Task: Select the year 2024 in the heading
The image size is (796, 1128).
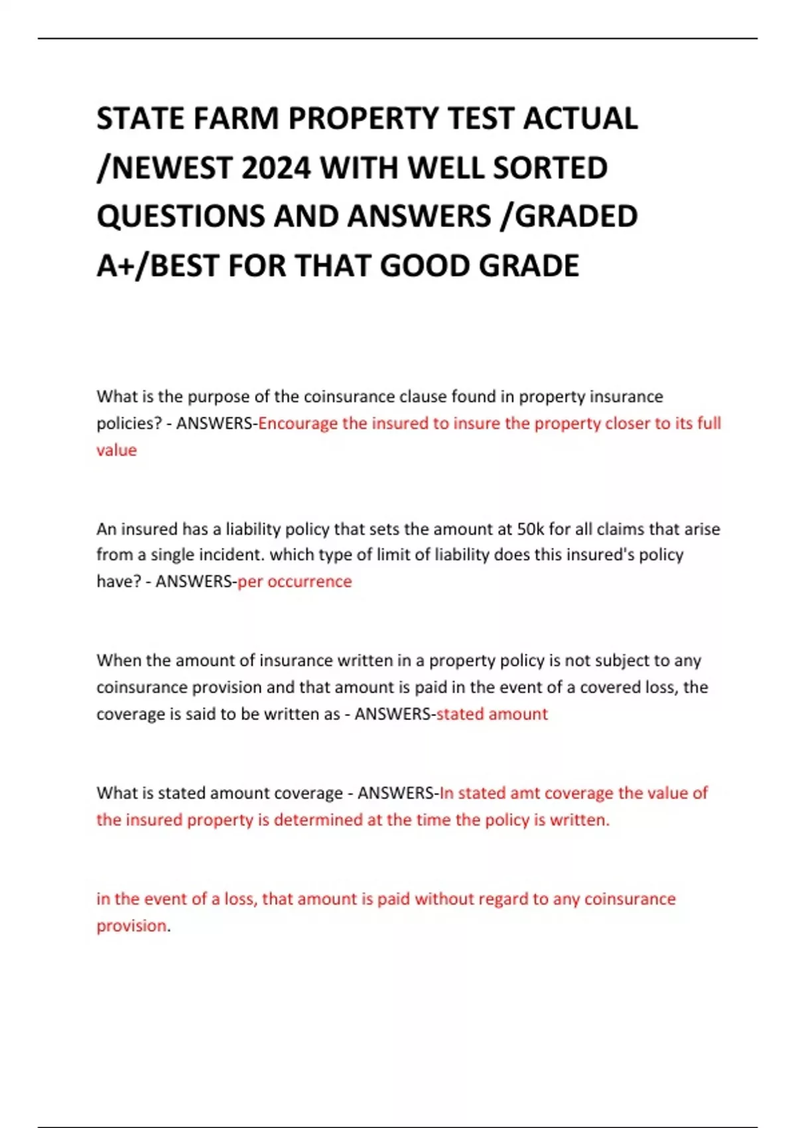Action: pyautogui.click(x=276, y=168)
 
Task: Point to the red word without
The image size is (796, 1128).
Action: pyautogui.click(x=444, y=899)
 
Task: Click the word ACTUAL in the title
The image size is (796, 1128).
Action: pyautogui.click(x=580, y=119)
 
